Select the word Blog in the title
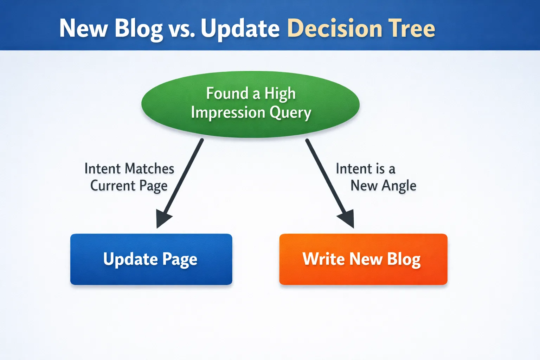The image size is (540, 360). (139, 29)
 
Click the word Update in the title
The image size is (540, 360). (240, 29)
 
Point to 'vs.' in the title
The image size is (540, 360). (182, 29)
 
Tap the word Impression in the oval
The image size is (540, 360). (228, 112)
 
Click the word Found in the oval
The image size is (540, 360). (227, 94)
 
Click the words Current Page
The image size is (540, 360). (129, 186)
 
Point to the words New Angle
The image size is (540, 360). (383, 186)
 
